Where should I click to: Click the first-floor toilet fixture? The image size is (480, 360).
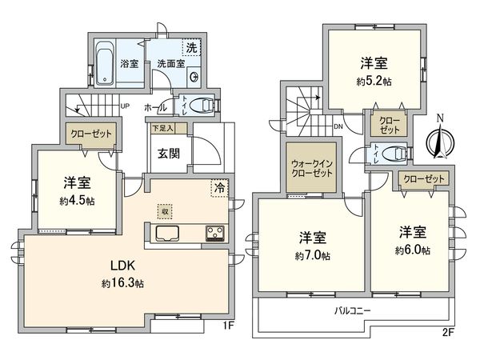click(x=204, y=103)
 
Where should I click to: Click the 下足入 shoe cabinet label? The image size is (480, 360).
click(x=166, y=127)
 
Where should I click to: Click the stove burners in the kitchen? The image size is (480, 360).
click(x=215, y=234)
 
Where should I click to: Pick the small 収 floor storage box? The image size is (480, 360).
click(x=164, y=211)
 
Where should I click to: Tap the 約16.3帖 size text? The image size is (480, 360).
click(x=122, y=283)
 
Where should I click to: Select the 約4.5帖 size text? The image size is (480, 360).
click(x=78, y=200)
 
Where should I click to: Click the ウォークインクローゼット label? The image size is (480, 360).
click(x=307, y=169)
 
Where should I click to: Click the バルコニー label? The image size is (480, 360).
click(x=352, y=311)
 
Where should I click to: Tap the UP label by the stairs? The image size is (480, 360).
click(x=125, y=106)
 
